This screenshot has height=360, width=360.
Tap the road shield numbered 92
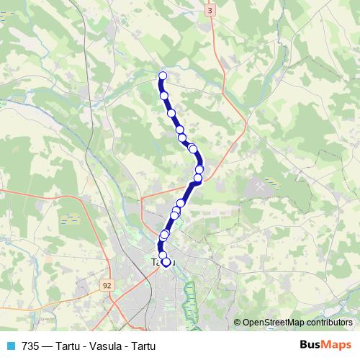click(x=107, y=285)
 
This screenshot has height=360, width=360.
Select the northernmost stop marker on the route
click(x=163, y=76)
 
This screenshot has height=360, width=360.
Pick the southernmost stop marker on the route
click(x=166, y=263)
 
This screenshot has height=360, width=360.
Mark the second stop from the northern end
click(x=164, y=95)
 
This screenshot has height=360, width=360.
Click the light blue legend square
click(x=10, y=346)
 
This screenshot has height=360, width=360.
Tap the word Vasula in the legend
click(x=106, y=346)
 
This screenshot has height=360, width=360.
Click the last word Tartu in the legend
click(x=143, y=346)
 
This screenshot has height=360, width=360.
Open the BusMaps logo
click(x=325, y=345)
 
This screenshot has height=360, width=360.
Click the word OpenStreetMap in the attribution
click(x=274, y=322)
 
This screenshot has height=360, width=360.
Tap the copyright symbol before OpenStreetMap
click(x=238, y=322)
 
